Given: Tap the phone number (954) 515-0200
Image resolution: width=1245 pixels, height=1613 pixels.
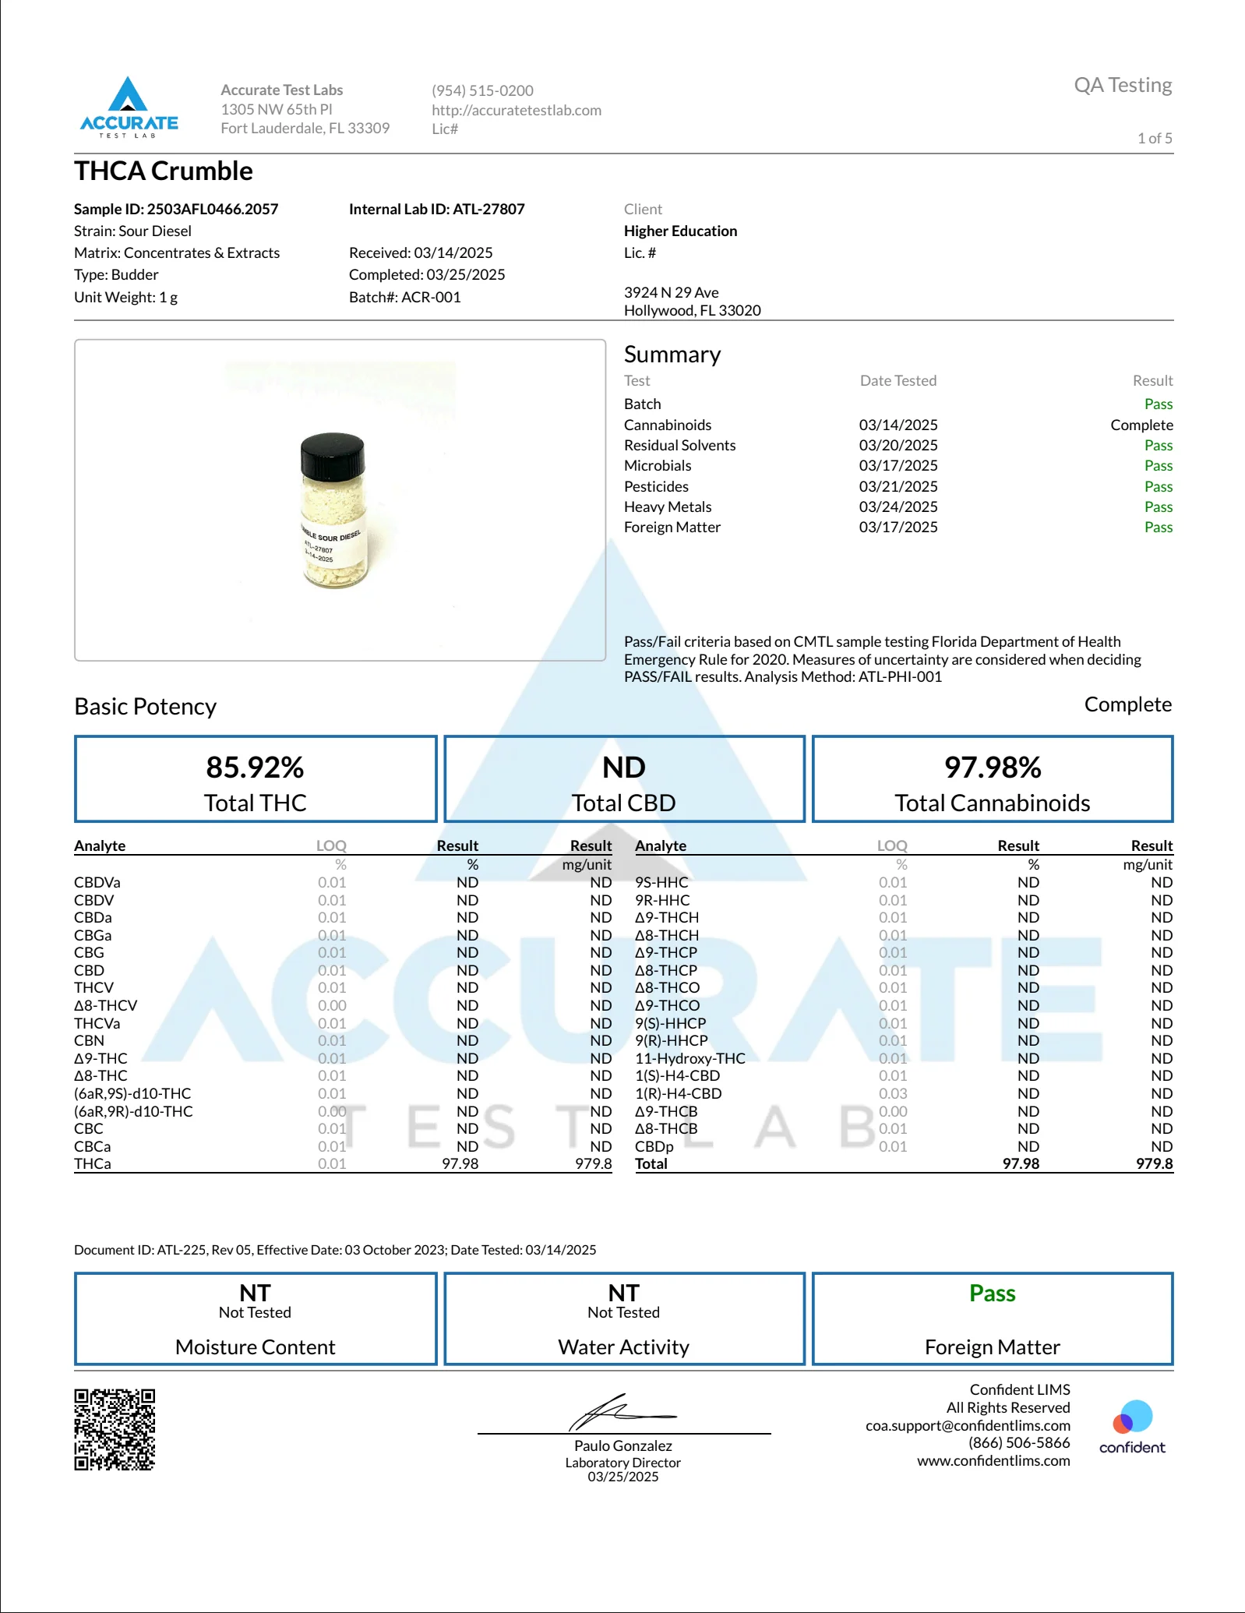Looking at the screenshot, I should point(482,90).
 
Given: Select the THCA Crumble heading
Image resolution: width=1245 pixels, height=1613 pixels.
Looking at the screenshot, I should point(164,171).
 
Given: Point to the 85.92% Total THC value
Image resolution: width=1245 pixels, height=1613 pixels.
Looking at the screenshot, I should point(255,768).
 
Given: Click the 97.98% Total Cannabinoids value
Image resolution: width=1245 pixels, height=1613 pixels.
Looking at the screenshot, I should point(992,768).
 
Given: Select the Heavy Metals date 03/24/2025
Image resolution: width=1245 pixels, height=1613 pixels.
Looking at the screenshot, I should point(898,506).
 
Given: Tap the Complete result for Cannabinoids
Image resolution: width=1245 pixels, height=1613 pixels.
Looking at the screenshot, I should point(1141,425).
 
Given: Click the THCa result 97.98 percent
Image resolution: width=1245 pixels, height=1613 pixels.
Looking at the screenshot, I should point(460,1163).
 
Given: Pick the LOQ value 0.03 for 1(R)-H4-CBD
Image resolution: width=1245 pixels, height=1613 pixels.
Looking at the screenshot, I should point(893,1093).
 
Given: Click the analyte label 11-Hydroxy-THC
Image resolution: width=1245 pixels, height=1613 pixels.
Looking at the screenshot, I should point(690,1058).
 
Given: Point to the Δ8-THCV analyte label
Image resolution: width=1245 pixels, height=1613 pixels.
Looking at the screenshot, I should point(105,1005).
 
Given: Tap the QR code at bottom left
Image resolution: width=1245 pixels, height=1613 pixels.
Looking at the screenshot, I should point(115,1429).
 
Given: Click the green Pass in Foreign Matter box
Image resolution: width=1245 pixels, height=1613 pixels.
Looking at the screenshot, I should point(992,1294).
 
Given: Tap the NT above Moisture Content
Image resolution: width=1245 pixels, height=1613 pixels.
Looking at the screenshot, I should point(255,1294).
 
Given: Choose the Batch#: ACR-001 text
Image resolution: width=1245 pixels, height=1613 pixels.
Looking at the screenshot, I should point(404,297).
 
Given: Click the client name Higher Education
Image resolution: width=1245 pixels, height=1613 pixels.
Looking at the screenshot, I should point(680,231).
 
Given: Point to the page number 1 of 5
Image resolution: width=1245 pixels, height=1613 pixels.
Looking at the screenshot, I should point(1154,138).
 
